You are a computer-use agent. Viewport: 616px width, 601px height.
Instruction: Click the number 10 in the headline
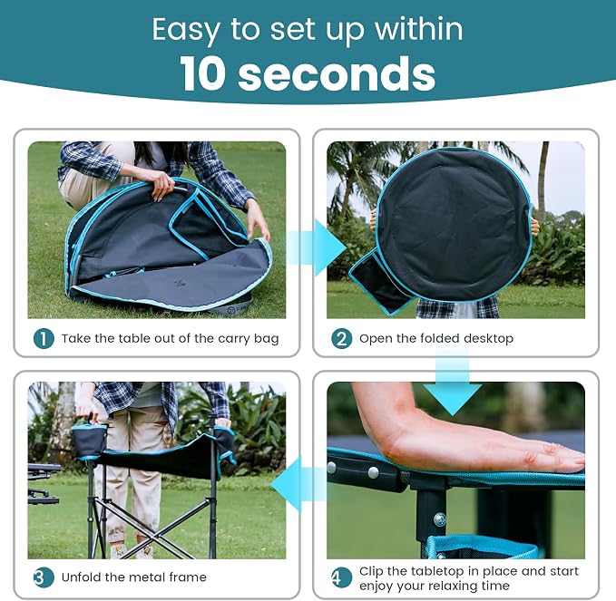tap(202, 74)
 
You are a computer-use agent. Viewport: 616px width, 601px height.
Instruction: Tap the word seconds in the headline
tap(337, 74)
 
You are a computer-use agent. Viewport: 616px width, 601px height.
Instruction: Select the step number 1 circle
tap(44, 338)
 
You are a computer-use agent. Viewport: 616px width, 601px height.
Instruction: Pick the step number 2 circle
tap(341, 338)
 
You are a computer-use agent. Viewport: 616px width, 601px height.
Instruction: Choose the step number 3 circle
tap(44, 577)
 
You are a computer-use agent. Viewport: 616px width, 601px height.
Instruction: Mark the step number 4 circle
tap(341, 577)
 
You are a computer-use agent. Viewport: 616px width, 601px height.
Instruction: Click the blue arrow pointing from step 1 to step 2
tap(317, 247)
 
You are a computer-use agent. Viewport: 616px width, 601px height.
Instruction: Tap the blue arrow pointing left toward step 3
tap(299, 484)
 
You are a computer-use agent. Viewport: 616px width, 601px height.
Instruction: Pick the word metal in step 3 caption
tap(147, 577)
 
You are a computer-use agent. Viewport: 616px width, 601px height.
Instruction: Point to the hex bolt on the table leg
tap(440, 520)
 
